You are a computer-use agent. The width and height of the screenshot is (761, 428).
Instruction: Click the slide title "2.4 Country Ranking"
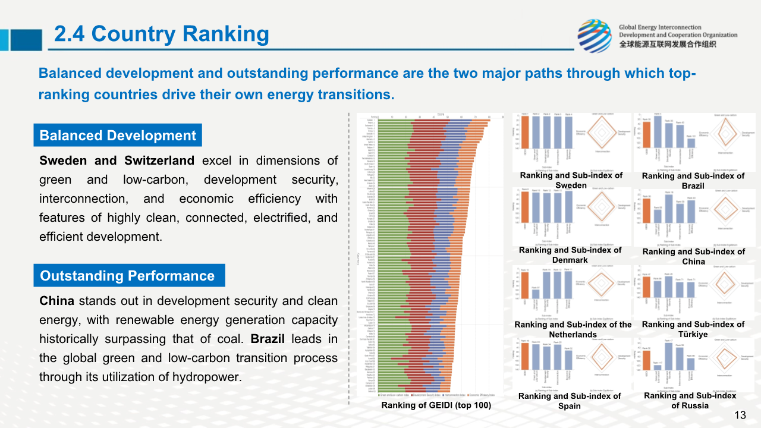click(161, 34)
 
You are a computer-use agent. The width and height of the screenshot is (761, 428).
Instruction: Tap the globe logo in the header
click(594, 36)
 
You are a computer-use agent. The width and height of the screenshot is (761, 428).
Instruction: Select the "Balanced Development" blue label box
click(118, 136)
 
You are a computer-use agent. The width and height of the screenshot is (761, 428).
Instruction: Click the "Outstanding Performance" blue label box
click(127, 276)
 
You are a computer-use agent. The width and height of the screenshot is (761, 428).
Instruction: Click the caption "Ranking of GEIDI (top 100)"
click(436, 405)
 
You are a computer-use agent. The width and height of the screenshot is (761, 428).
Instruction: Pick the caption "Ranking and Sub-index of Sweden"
click(571, 180)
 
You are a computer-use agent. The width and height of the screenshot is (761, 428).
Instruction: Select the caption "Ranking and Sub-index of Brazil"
click(693, 181)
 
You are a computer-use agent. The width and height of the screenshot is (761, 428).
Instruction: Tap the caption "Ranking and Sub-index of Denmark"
click(570, 254)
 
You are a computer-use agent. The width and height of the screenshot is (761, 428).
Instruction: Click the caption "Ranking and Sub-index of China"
click(693, 256)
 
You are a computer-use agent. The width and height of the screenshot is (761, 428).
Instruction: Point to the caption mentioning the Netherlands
click(573, 329)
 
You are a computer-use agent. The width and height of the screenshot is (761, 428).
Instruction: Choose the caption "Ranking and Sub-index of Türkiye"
click(693, 329)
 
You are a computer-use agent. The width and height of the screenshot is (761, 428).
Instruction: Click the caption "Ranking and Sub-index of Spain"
click(569, 401)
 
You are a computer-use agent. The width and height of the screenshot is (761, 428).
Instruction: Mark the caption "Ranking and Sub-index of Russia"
click(690, 400)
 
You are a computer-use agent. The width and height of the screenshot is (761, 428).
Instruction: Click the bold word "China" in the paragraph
click(56, 301)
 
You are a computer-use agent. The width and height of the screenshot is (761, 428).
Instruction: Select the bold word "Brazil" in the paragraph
click(268, 339)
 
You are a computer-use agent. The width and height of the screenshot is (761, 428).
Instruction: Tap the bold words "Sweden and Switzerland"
click(117, 160)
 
